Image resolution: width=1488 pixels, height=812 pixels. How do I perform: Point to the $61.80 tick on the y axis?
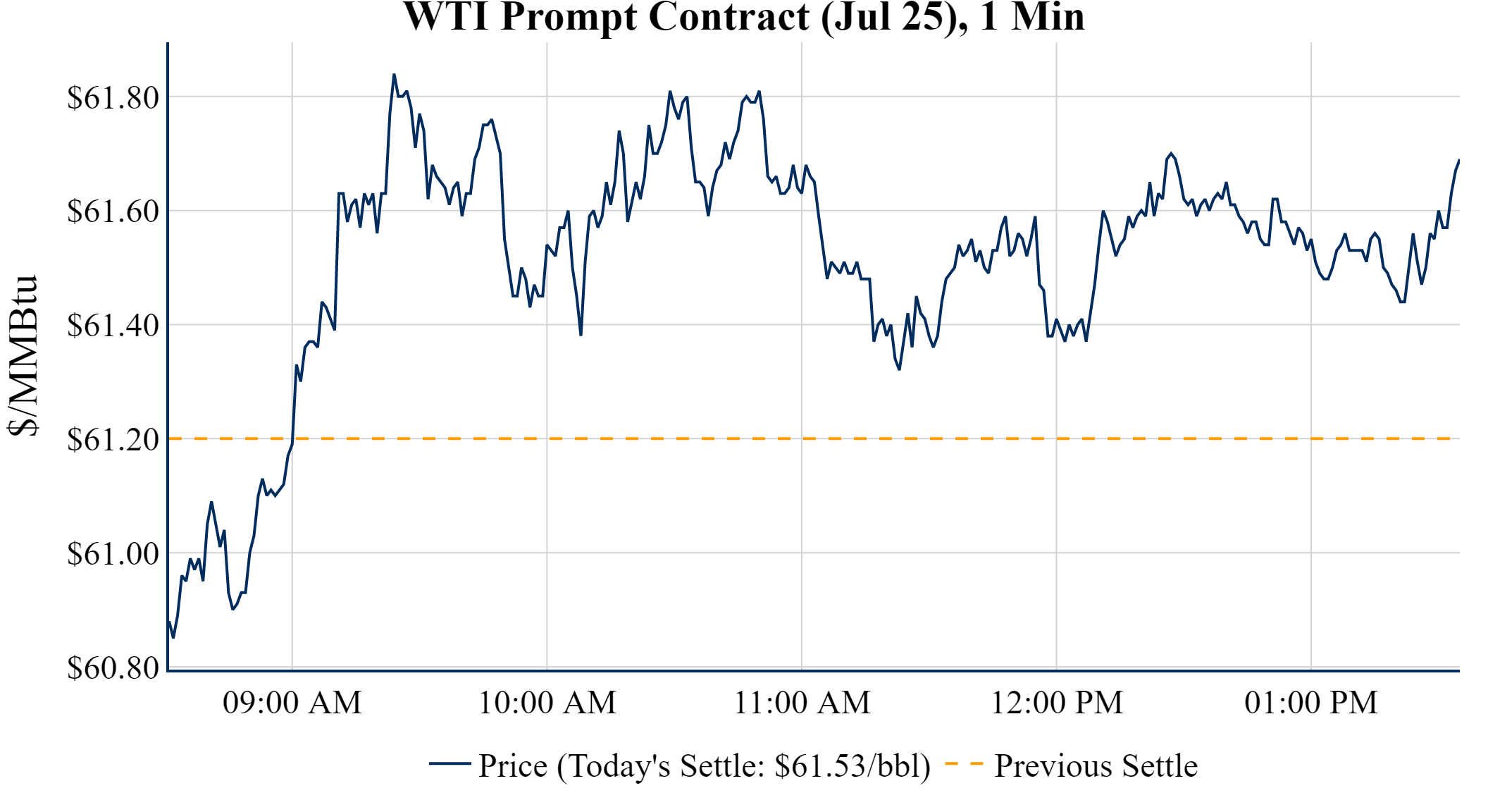tap(113, 97)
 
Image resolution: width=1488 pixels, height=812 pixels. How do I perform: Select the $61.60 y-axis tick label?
tap(113, 211)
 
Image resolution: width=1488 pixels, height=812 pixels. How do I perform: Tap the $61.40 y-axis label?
tap(113, 326)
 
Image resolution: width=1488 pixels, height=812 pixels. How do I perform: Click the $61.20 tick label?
tap(113, 440)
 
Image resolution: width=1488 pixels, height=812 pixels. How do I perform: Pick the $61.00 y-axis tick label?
tap(113, 554)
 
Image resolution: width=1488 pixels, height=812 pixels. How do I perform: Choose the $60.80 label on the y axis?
tap(113, 668)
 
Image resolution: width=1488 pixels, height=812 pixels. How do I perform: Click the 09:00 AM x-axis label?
tap(292, 703)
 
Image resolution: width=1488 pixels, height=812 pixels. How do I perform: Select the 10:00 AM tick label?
tap(547, 703)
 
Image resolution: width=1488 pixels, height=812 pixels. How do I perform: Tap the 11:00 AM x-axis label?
tap(802, 703)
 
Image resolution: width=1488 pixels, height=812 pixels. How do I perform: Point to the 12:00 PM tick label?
tap(1057, 703)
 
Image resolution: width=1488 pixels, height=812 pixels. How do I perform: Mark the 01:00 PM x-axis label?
tap(1311, 703)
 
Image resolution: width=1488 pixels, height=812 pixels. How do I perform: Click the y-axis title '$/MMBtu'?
tap(23, 356)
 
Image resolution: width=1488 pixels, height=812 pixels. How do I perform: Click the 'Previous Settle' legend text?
tap(1096, 766)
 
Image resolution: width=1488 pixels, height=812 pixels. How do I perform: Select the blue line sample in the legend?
tap(449, 763)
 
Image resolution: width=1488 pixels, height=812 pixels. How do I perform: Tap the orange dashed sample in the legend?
tap(963, 763)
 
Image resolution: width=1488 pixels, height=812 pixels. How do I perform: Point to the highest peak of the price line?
tap(394, 75)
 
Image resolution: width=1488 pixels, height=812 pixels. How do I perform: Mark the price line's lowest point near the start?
tap(173, 637)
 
